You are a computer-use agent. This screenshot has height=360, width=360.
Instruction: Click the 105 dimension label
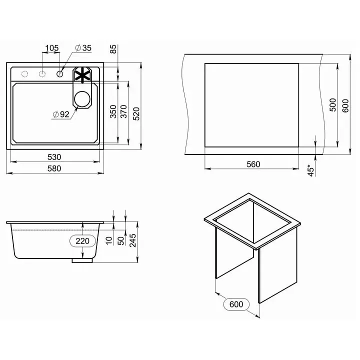coord(52,48)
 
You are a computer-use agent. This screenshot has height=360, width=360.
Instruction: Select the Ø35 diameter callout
coord(83,48)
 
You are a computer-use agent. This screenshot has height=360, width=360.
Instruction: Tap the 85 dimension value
coord(113,49)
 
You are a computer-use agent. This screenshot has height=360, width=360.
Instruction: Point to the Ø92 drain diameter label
coord(61,114)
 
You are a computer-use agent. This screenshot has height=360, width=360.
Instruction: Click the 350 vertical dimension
coord(113,111)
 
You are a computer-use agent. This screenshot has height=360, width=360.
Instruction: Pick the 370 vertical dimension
coord(123,111)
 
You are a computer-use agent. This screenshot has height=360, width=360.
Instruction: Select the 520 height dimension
coord(136,113)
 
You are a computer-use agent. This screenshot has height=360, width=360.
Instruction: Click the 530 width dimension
coord(54,157)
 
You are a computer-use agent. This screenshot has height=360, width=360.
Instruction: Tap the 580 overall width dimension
coord(54,168)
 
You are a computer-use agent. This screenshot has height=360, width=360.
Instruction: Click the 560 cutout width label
coord(253,164)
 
